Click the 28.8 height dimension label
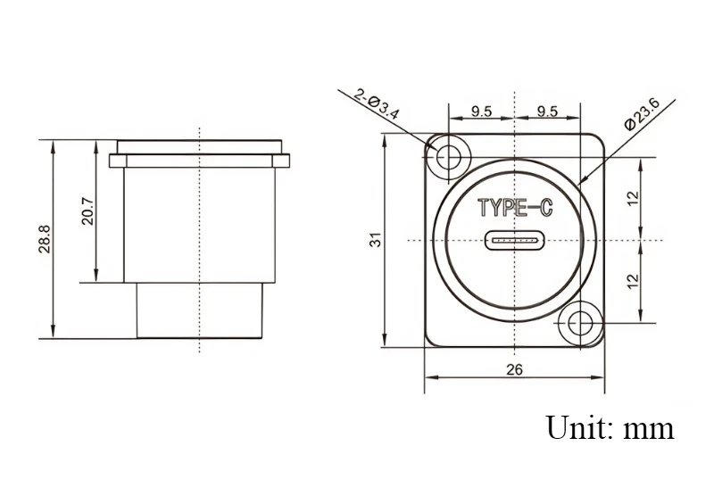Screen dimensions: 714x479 pyautogui.click(x=45, y=239)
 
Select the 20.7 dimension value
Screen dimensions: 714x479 pyautogui.click(x=87, y=211)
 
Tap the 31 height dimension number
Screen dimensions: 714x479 pyautogui.click(x=376, y=240)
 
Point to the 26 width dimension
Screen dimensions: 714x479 pyautogui.click(x=515, y=369)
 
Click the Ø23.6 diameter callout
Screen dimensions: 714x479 pyautogui.click(x=643, y=114)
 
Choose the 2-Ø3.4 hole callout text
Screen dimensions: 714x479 pyautogui.click(x=376, y=103)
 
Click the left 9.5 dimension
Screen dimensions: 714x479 pyautogui.click(x=481, y=111)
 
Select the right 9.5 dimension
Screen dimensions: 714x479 pyautogui.click(x=547, y=111)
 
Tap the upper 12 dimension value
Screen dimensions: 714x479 pyautogui.click(x=633, y=198)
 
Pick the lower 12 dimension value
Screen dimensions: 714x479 pyautogui.click(x=633, y=281)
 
